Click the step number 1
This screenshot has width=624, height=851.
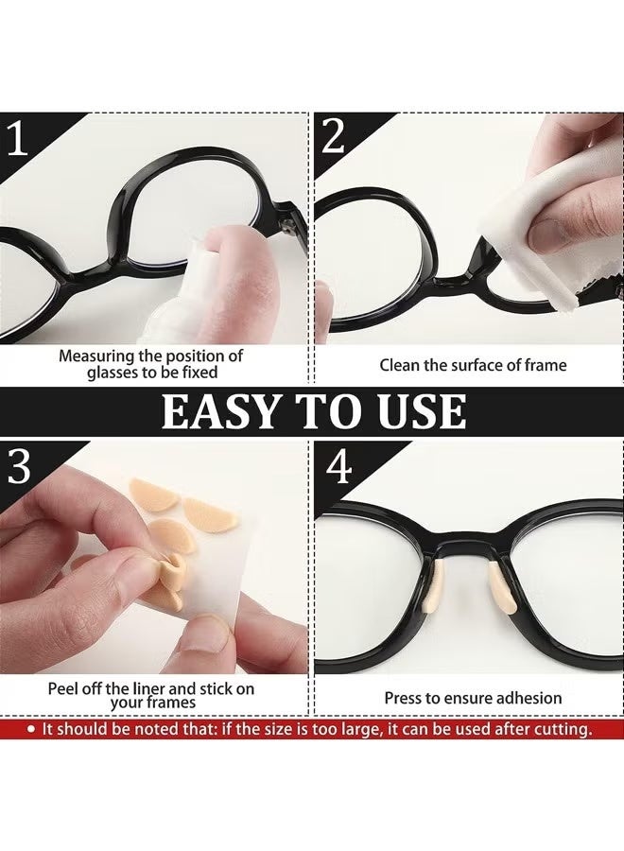pos(19,138)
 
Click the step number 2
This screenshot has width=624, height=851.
pos(333,138)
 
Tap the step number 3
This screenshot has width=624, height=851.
pos(19,468)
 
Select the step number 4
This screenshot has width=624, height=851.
pos(337,468)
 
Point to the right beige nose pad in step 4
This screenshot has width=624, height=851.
pos(499,599)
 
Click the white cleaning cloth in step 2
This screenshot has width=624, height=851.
pos(516,255)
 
